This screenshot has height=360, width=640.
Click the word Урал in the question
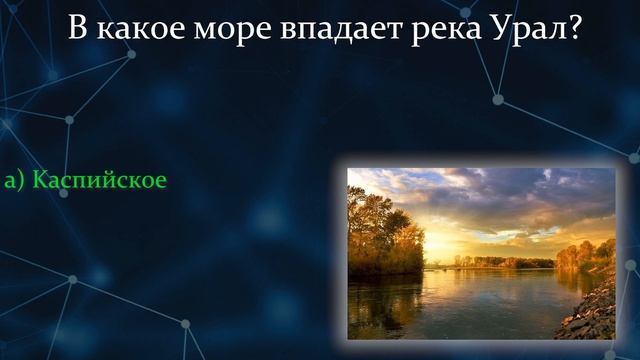click(524, 28)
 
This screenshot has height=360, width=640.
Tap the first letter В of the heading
click(78, 28)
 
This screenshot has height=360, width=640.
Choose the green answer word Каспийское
click(99, 180)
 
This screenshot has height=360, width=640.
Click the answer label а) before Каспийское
click(14, 180)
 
